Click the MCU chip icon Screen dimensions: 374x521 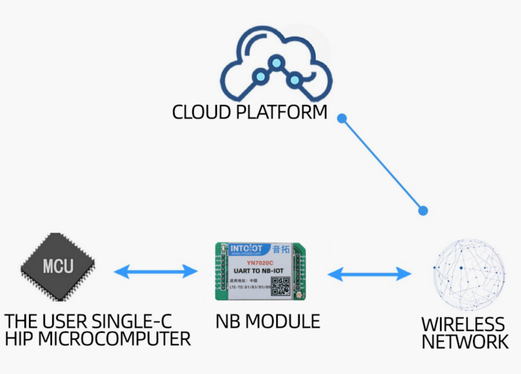coord(58,266)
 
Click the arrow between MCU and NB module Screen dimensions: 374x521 coord(156,271)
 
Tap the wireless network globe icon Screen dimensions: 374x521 coord(469,274)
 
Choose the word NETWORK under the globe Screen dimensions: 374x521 coord(465,342)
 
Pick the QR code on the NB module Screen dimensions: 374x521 coord(281,286)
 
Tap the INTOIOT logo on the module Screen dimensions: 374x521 coord(247,249)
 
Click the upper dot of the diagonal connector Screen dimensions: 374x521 coord(342,118)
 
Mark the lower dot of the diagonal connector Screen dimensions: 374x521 coord(423,211)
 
